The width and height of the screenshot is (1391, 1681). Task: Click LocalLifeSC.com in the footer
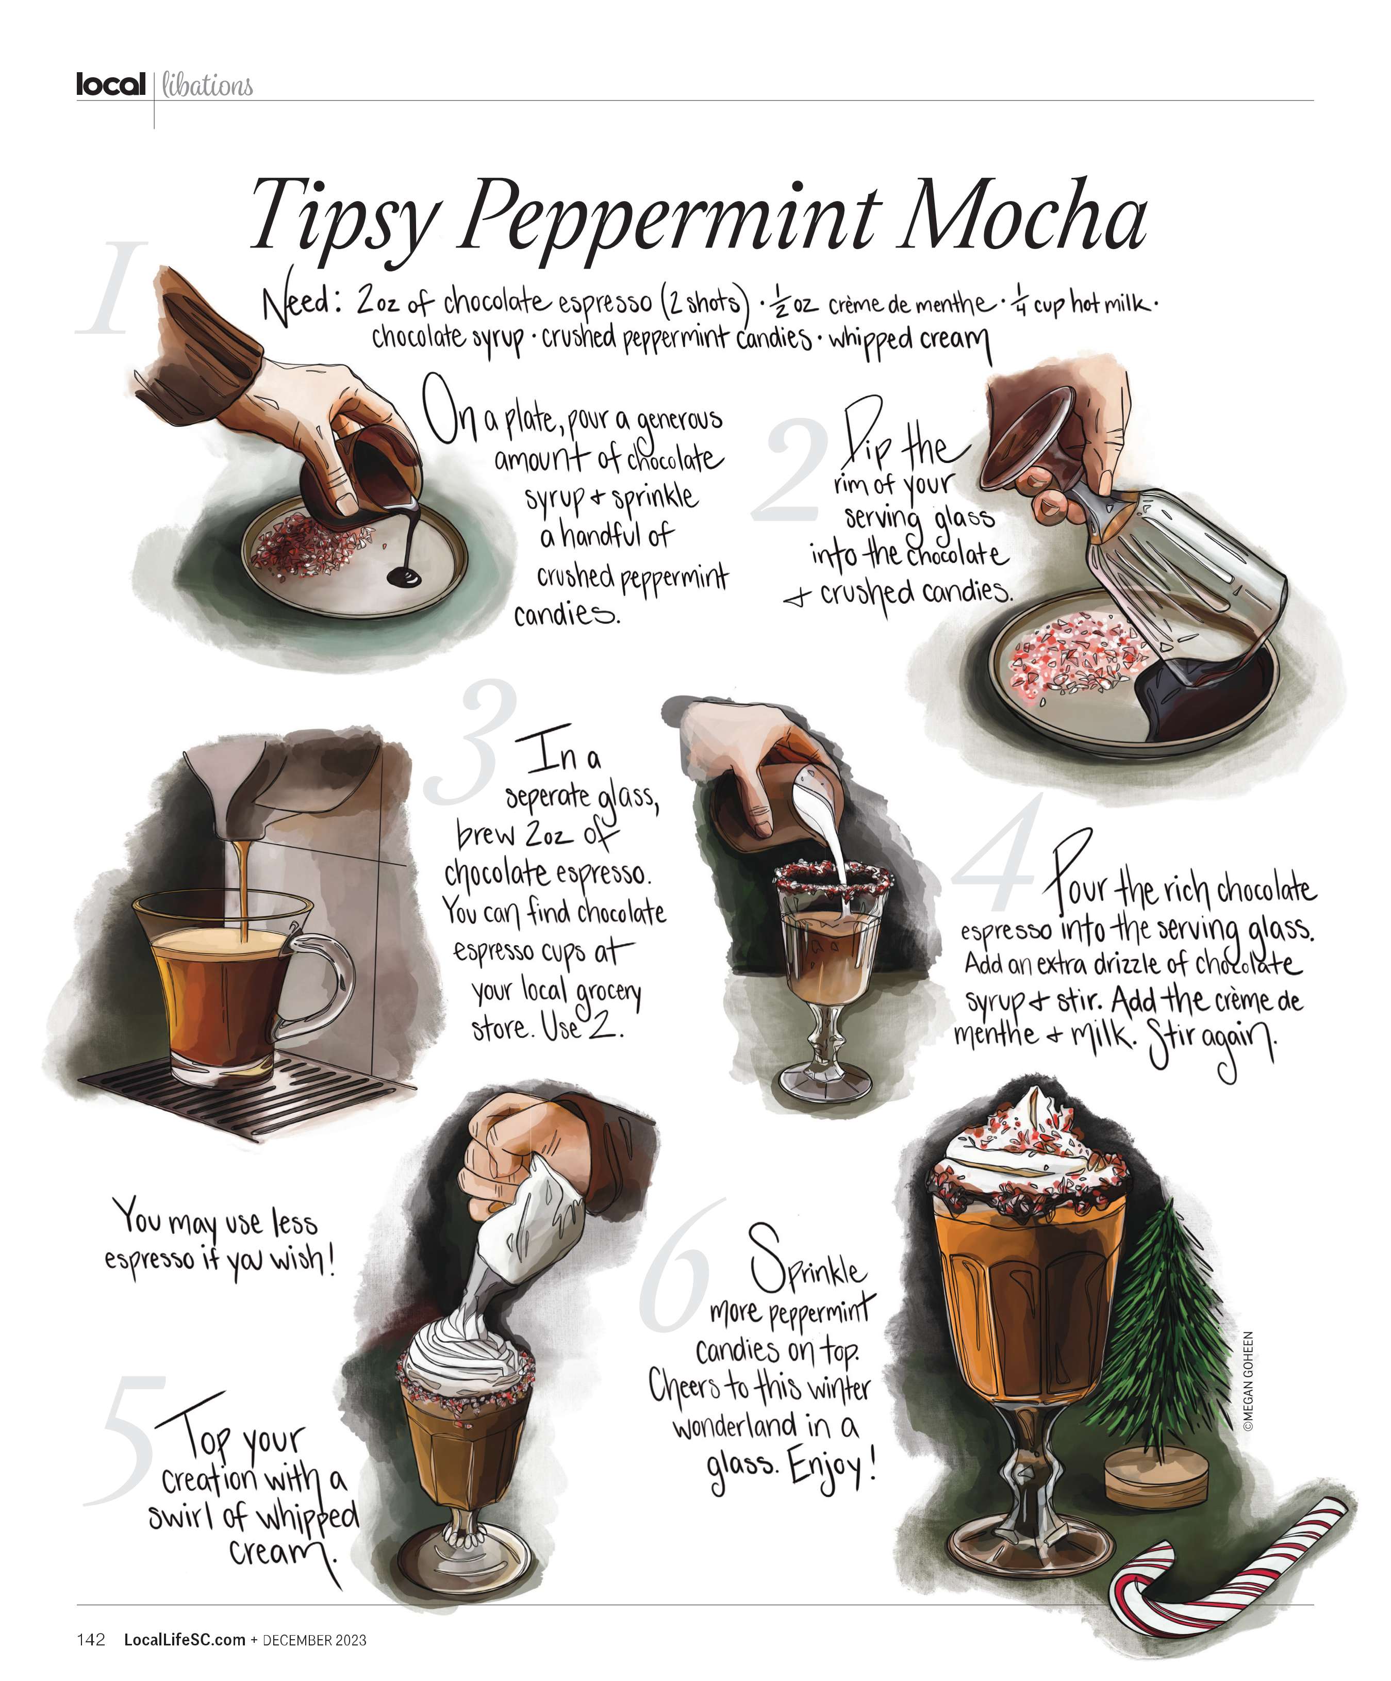(184, 1639)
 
